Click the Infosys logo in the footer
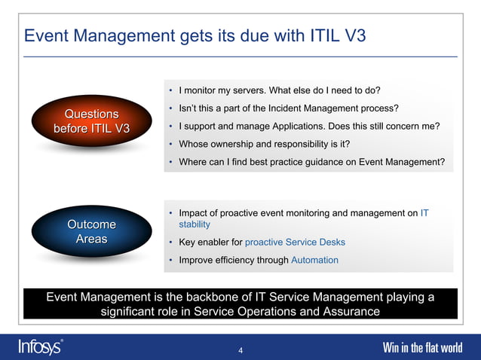coord(40,347)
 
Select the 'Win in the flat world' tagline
coord(423,348)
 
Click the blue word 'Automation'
coord(314,260)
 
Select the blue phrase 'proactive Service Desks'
coord(295,242)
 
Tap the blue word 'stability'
coord(195,224)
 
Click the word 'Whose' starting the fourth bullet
coord(194,144)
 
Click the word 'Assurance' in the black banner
coord(354,311)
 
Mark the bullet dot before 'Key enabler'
coord(171,242)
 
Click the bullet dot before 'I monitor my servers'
coord(171,90)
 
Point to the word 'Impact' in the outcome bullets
coord(195,213)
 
